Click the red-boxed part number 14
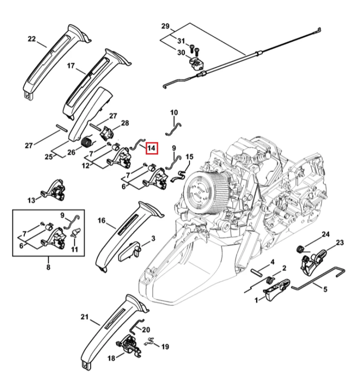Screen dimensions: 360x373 [152, 148]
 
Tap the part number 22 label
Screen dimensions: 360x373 [32, 39]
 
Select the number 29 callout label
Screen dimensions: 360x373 [165, 26]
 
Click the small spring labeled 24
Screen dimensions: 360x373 [300, 249]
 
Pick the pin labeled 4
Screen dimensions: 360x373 [257, 273]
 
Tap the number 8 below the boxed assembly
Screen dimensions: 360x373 [48, 267]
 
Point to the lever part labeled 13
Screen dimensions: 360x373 [53, 190]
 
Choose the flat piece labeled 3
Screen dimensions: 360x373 [130, 252]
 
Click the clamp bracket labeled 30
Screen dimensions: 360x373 [196, 64]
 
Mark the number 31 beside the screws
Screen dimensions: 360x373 [181, 41]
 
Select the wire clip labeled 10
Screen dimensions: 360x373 [173, 129]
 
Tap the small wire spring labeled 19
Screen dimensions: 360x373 [150, 343]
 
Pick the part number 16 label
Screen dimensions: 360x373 [101, 220]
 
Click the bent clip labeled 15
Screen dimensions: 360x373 [179, 177]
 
